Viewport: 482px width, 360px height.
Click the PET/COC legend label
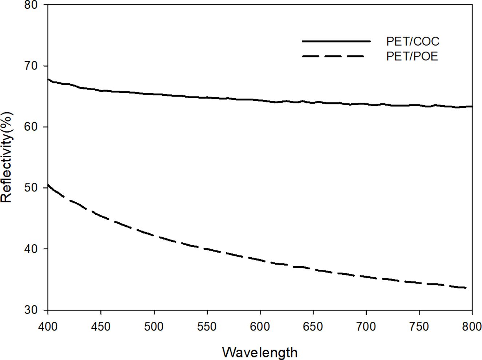pos(413,41)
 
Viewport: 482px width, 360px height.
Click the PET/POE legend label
pos(412,56)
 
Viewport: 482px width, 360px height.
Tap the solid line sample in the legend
pos(336,41)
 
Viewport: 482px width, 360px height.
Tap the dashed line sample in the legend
pos(333,56)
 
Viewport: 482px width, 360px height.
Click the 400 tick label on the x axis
pos(48,326)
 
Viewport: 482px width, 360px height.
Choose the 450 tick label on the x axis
pos(101,326)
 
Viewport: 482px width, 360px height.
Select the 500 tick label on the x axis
pos(154,326)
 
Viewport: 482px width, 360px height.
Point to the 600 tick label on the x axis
pos(260,326)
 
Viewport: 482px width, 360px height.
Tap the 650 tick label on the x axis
pos(313,326)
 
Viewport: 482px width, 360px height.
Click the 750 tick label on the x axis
pos(419,326)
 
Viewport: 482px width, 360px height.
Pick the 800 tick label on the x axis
pos(471,326)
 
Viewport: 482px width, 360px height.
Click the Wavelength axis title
pos(260,352)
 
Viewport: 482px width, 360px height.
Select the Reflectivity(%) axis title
pos(7,157)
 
